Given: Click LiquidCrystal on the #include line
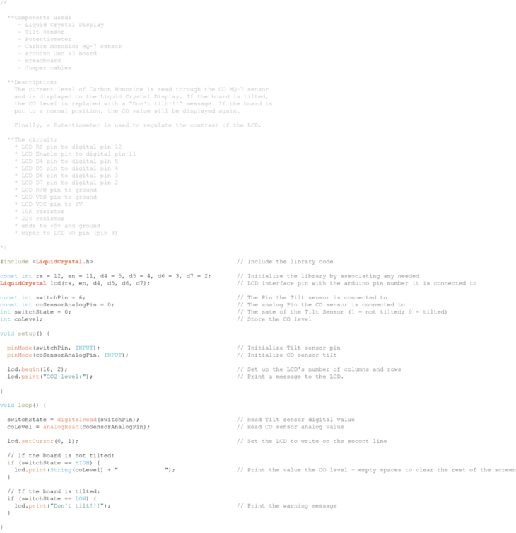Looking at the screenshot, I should (59, 261).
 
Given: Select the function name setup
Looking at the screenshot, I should (27, 333).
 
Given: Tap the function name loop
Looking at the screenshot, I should (25, 405).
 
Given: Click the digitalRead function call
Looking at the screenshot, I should (76, 419).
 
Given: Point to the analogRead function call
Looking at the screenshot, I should (60, 427).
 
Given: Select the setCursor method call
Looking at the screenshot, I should (37, 441).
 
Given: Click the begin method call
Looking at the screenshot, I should (30, 369).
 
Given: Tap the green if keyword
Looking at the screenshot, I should (10, 462).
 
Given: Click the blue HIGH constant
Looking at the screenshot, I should (82, 462).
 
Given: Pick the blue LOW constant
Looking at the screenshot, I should (80, 498).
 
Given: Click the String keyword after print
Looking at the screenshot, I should (61, 469).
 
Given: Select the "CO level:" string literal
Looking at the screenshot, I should (64, 377).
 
